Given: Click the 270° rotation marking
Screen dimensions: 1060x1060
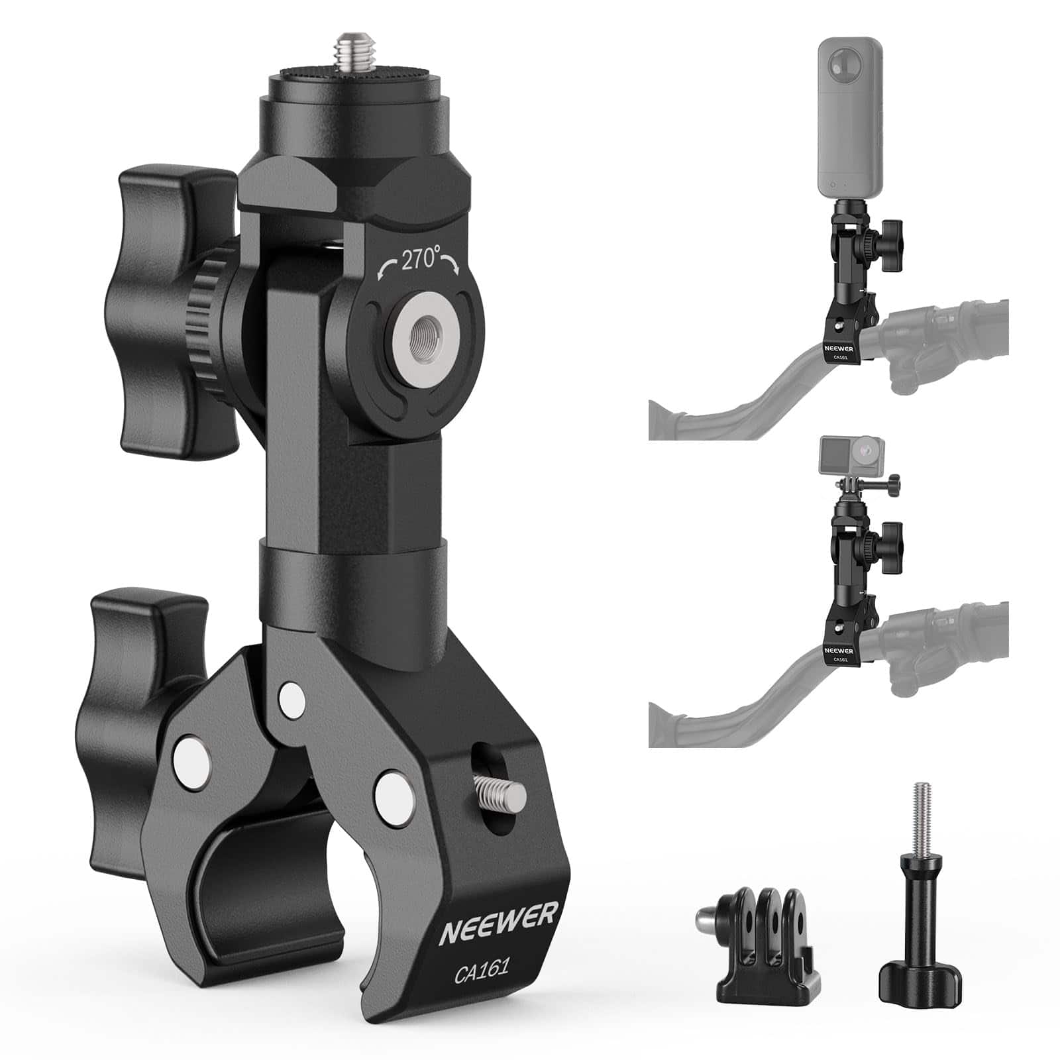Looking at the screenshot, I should (419, 260).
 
